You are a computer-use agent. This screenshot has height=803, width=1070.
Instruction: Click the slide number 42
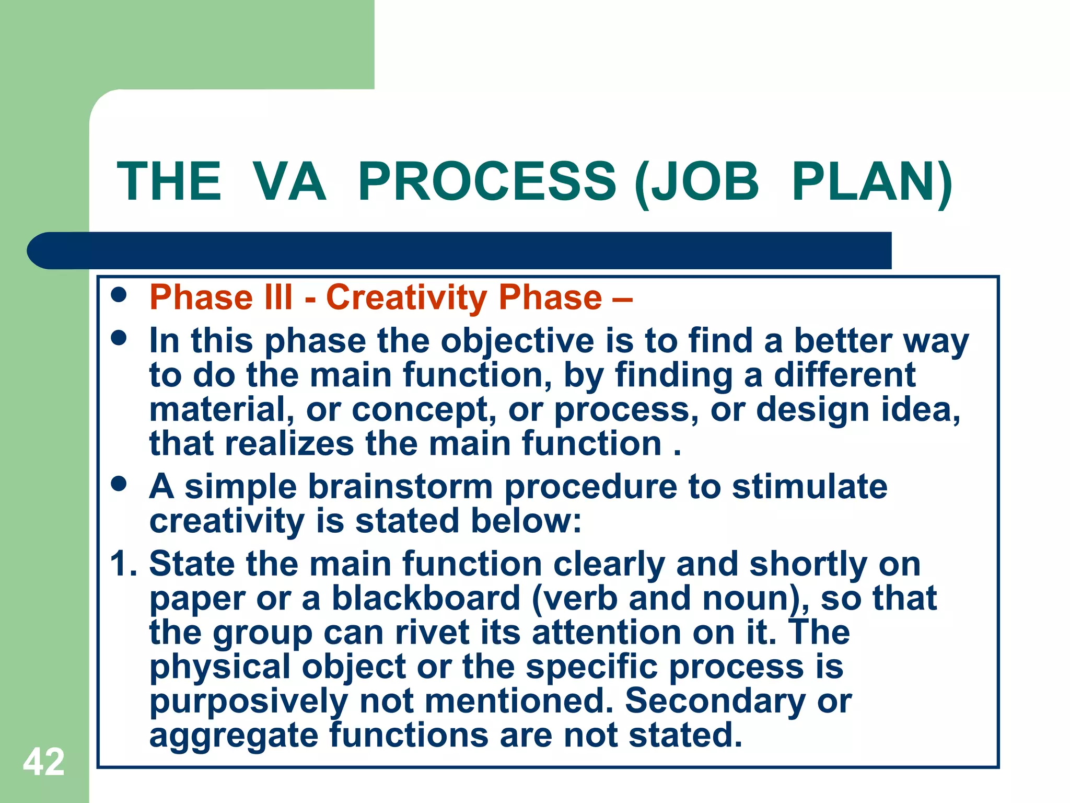click(44, 762)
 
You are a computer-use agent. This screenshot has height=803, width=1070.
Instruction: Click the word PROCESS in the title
click(487, 181)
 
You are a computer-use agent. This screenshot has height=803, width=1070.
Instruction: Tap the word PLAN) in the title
click(871, 181)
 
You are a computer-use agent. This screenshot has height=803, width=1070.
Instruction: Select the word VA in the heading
click(289, 181)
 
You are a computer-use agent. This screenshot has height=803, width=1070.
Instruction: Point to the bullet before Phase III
click(119, 294)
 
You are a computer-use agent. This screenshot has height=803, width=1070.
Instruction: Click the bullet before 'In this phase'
click(119, 338)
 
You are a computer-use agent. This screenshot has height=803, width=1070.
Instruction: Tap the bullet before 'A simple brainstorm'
click(119, 484)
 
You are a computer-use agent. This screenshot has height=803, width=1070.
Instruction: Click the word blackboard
click(426, 598)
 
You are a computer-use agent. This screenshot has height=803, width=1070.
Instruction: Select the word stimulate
click(809, 487)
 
